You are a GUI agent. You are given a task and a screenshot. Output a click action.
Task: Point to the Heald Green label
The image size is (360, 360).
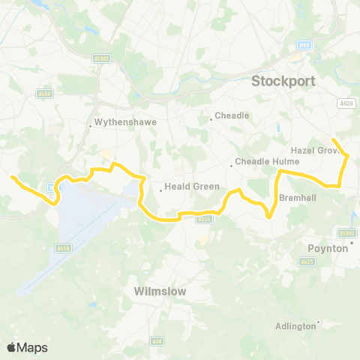(x=193, y=187)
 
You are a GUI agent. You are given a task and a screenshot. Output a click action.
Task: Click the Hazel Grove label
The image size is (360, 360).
(x=315, y=150)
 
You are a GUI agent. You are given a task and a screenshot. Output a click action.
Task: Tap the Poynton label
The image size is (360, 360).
(x=328, y=248)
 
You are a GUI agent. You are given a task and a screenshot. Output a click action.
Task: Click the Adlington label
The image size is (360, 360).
(x=295, y=326)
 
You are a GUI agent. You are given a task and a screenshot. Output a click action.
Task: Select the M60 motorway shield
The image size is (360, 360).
(x=304, y=46)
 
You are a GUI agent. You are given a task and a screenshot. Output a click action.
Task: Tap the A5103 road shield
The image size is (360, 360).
(x=103, y=58)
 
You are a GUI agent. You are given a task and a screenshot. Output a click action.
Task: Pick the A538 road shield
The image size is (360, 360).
(x=63, y=247)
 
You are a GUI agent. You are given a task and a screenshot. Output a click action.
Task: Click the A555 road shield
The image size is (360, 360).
(x=205, y=219)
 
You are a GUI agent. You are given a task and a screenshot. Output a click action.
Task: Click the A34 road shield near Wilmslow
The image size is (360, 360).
(x=156, y=341)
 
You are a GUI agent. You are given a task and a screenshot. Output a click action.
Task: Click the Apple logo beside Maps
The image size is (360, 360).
(x=12, y=347)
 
